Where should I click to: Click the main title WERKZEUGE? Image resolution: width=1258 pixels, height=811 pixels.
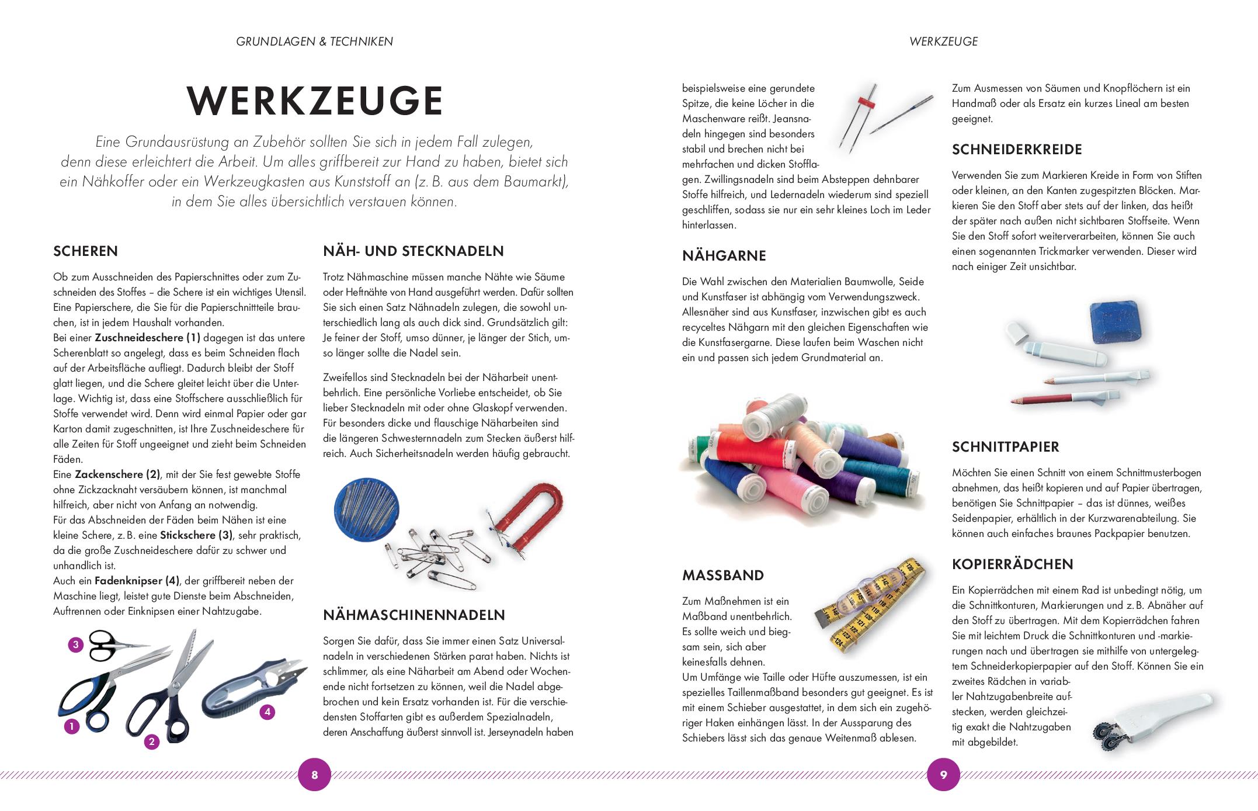[x=315, y=101]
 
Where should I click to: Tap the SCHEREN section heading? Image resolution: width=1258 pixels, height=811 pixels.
[x=85, y=251]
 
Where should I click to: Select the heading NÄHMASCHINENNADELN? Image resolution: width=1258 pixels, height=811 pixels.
[x=414, y=615]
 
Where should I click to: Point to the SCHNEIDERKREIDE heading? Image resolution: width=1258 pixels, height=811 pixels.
[x=1017, y=150]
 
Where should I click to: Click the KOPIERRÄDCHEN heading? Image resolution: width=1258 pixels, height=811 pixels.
[x=1013, y=564]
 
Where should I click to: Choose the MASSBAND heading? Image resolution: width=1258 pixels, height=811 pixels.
[x=723, y=575]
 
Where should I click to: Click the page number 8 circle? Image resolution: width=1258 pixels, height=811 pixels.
[x=314, y=775]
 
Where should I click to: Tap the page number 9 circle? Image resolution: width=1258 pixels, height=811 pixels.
[x=943, y=775]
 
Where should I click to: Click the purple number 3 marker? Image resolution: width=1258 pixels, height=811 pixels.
[x=75, y=645]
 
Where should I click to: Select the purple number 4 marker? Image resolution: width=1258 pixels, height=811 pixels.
[x=267, y=712]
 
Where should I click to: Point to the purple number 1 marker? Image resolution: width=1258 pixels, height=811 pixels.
[x=71, y=727]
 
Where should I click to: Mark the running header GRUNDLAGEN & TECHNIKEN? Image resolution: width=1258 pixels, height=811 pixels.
[x=314, y=41]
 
